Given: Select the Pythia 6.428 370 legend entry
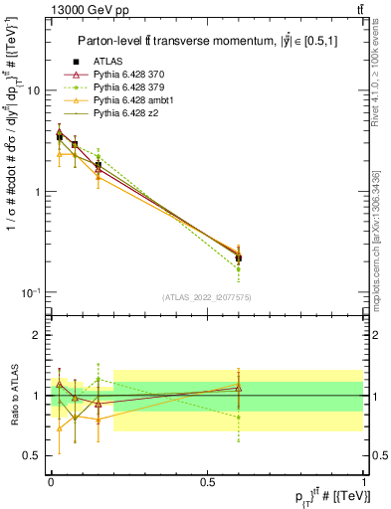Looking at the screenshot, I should point(130,76).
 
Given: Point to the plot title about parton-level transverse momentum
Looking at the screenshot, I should point(204,41).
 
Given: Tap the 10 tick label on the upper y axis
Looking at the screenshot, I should point(32,90).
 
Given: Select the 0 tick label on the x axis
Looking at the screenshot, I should point(50,481).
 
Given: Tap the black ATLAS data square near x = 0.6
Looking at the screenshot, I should point(238,257).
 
